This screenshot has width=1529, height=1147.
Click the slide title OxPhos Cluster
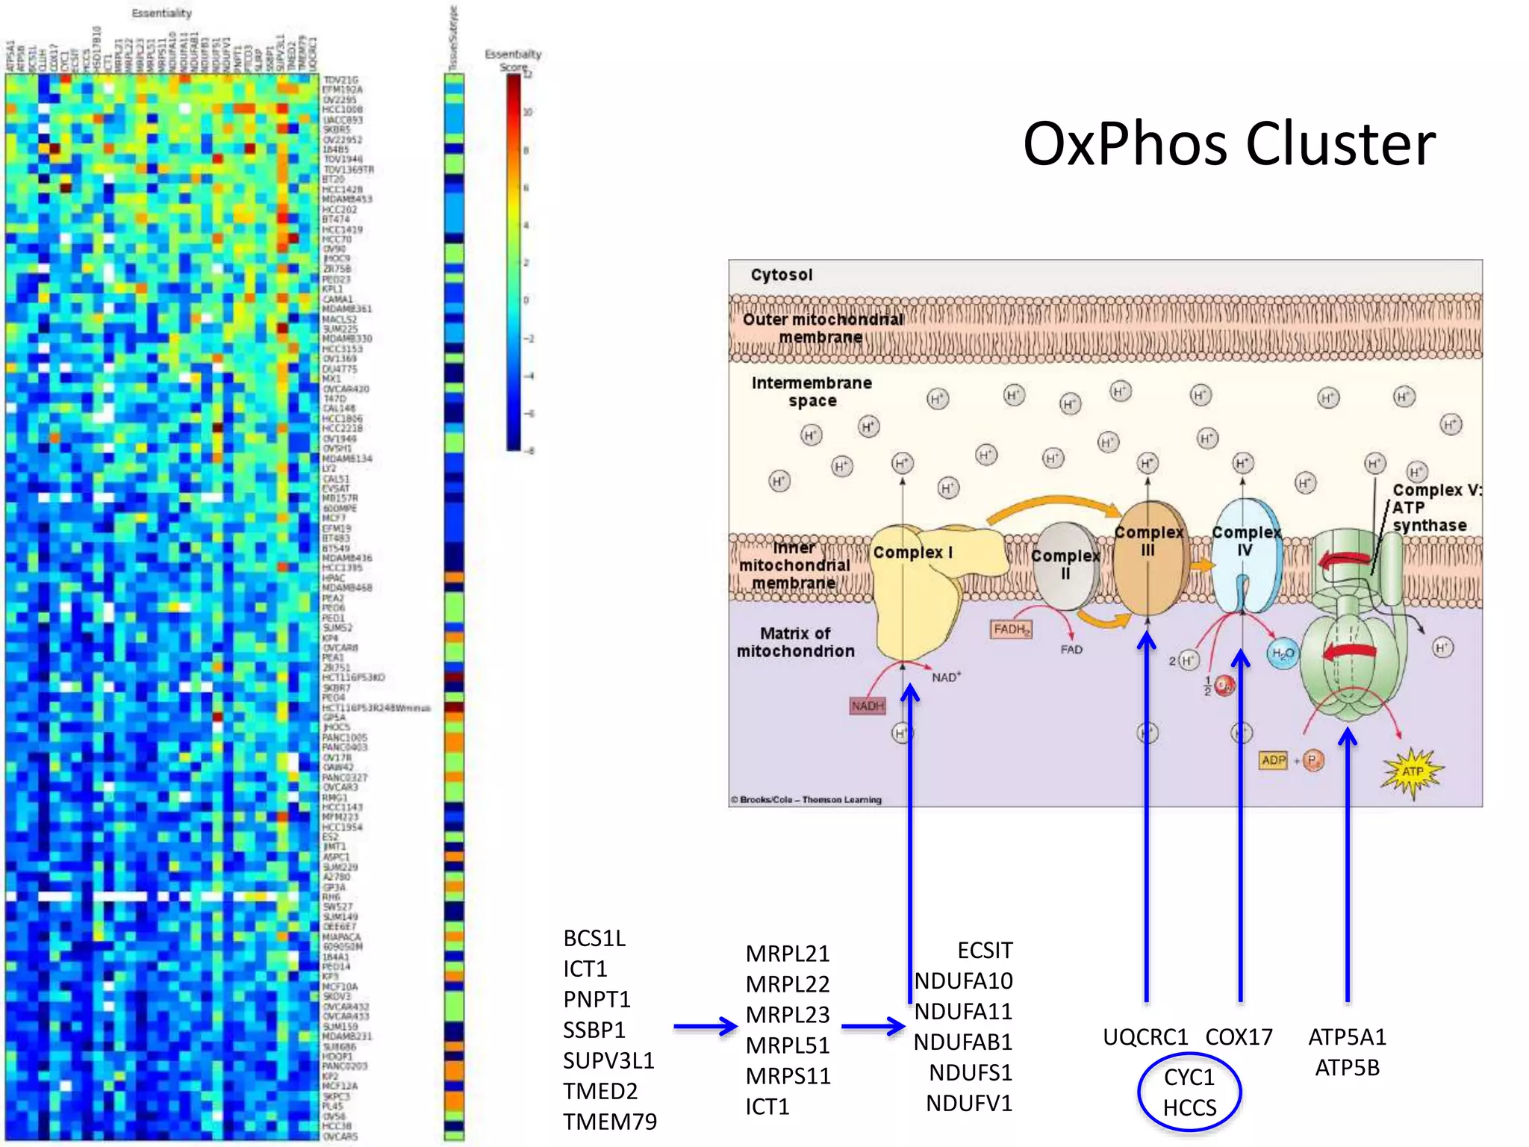[x=1228, y=143]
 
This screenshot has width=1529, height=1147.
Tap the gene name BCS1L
[x=594, y=939]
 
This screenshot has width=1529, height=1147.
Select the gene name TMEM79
[x=610, y=1122]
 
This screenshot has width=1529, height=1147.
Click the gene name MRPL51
[x=788, y=1045]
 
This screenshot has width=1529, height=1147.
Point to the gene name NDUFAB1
[x=963, y=1042]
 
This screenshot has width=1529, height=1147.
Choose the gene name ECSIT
[x=985, y=951]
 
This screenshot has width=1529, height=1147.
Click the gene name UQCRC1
[x=1145, y=1037]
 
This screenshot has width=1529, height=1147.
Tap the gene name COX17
[x=1239, y=1037]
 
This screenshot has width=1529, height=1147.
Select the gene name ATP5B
[x=1347, y=1068]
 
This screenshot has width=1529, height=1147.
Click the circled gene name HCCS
[x=1189, y=1108]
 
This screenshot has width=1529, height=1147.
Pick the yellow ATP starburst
[x=1413, y=771]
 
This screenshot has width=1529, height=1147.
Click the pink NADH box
[x=867, y=706]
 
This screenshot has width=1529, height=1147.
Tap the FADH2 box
[x=1012, y=630]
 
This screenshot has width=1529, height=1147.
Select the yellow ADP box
[x=1273, y=760]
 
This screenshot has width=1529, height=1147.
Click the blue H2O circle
[x=1283, y=654]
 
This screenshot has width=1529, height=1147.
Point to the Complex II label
[x=1065, y=565]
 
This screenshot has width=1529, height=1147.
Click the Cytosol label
[x=781, y=275]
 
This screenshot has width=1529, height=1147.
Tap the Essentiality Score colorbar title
[x=513, y=60]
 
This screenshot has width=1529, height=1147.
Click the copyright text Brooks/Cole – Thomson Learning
[x=806, y=800]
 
